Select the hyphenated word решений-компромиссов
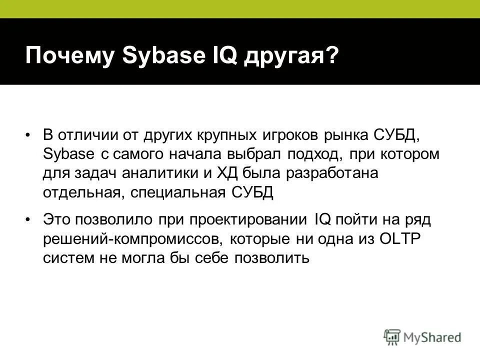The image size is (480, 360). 131,238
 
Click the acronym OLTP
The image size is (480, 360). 402,238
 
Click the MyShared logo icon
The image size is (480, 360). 393,337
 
